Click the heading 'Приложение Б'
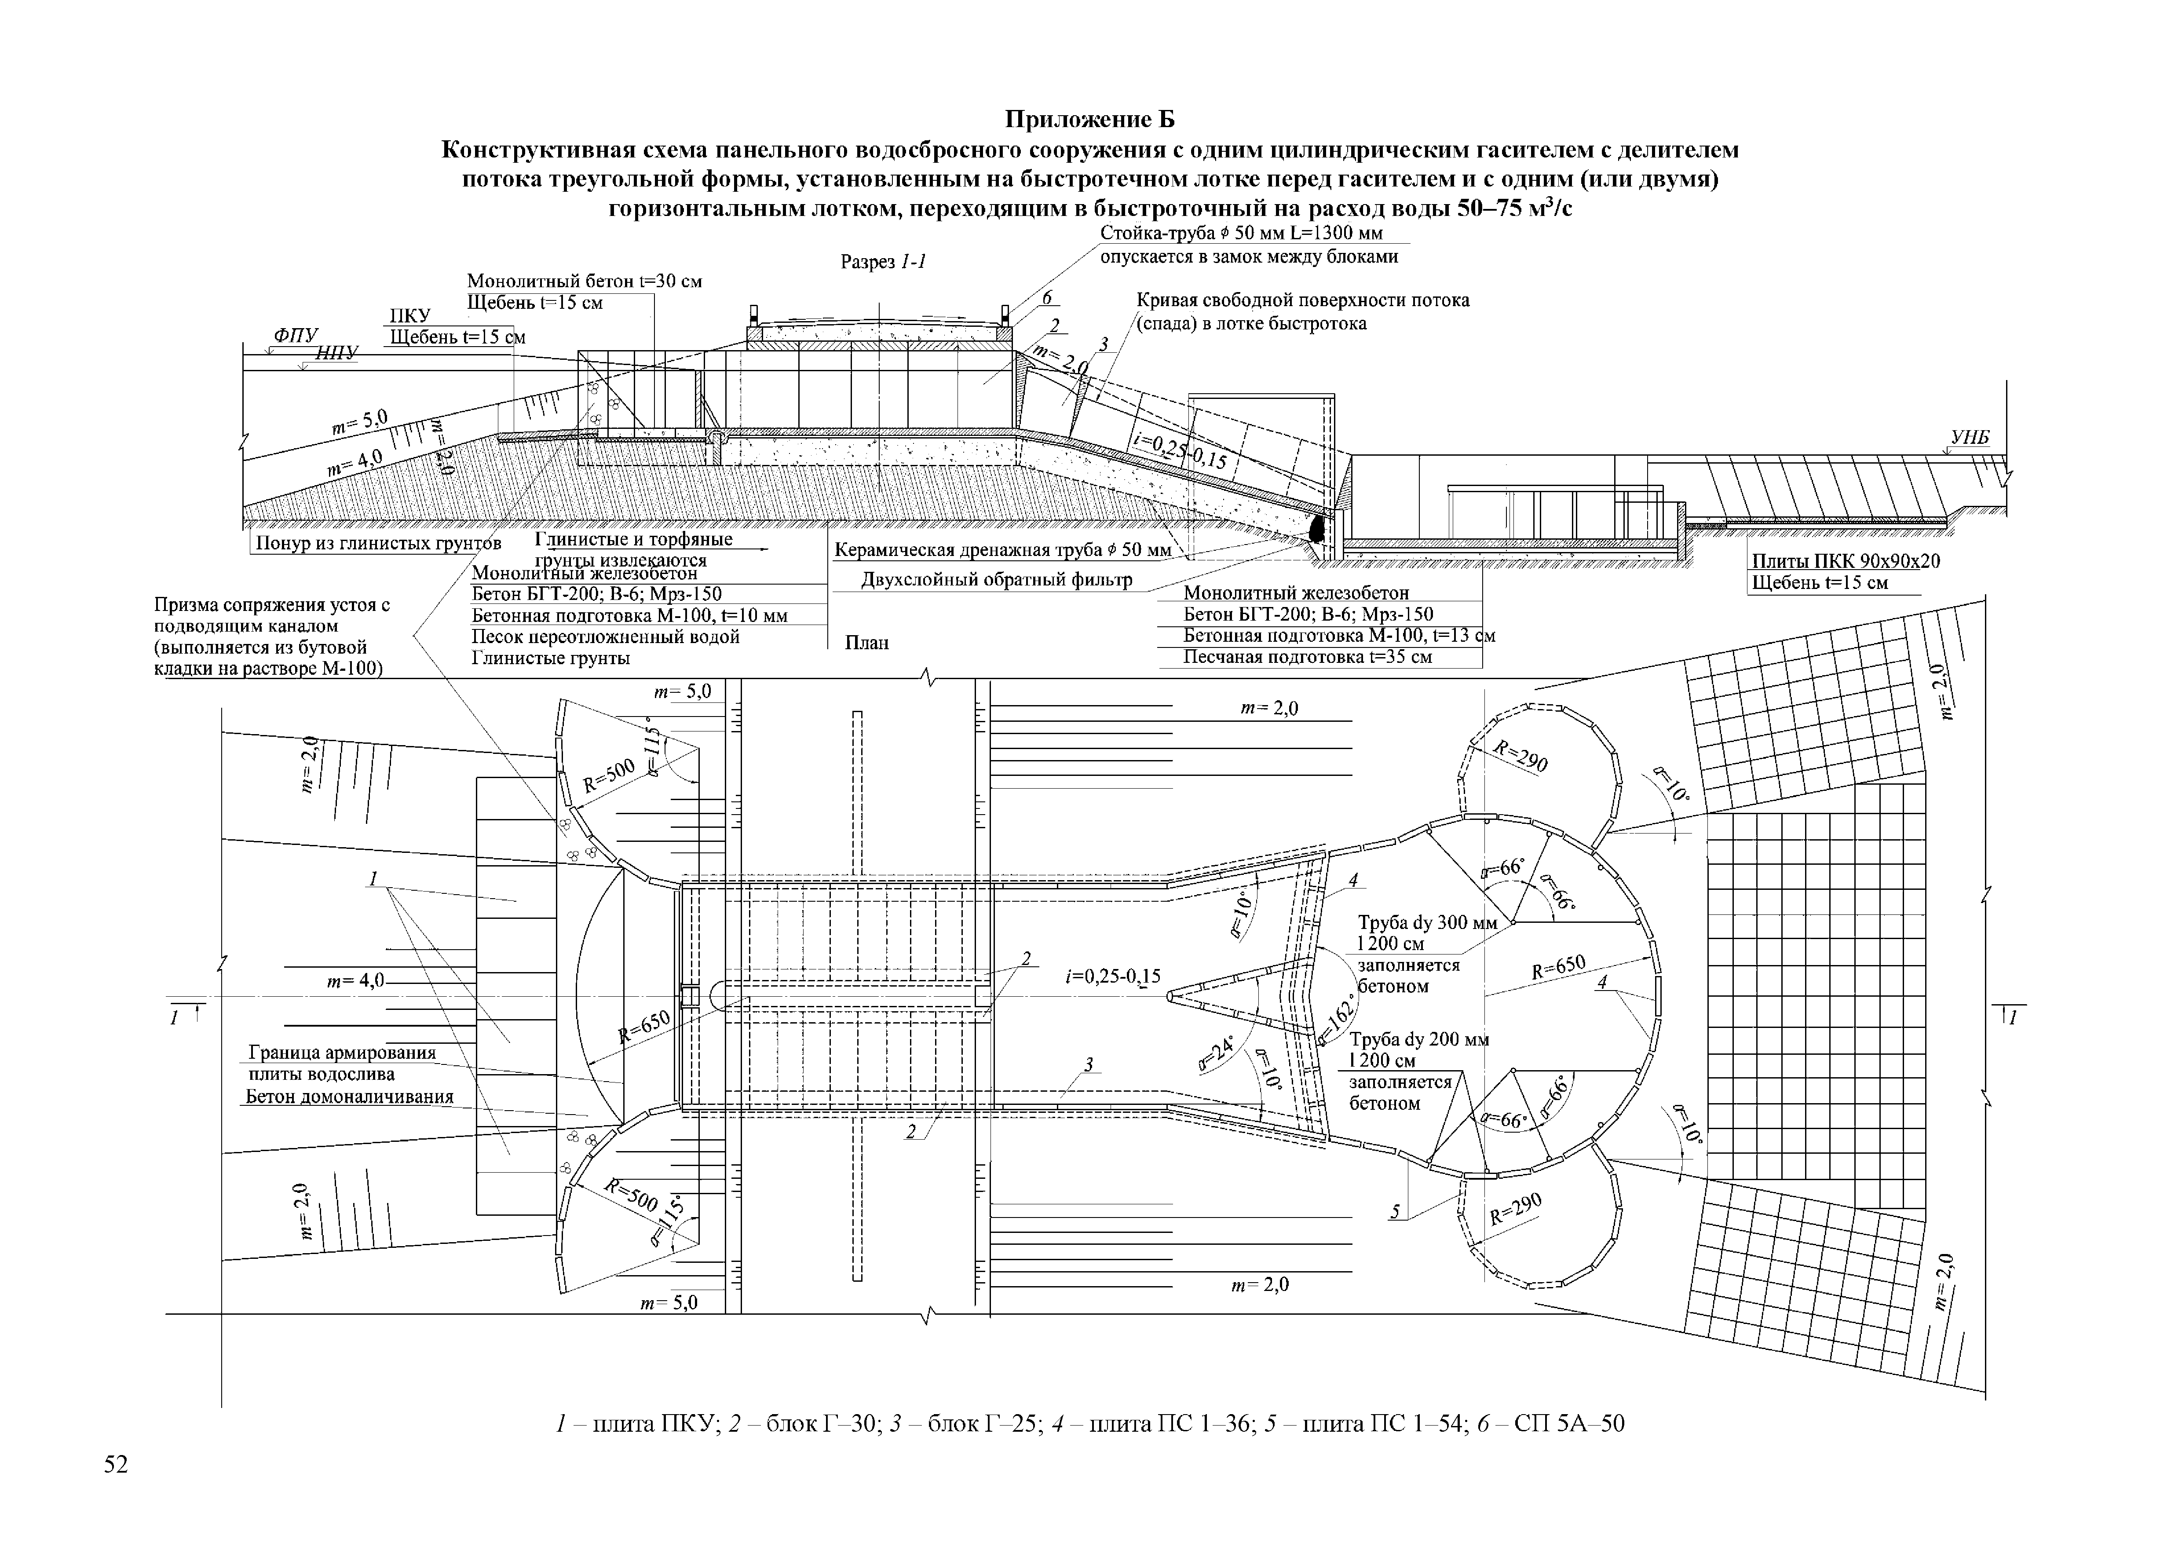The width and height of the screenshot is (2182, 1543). tap(1090, 120)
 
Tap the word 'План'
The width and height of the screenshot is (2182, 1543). tap(867, 642)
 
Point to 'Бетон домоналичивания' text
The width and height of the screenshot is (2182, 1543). tap(350, 1097)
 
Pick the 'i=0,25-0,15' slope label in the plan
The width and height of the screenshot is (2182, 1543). tap(1113, 976)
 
